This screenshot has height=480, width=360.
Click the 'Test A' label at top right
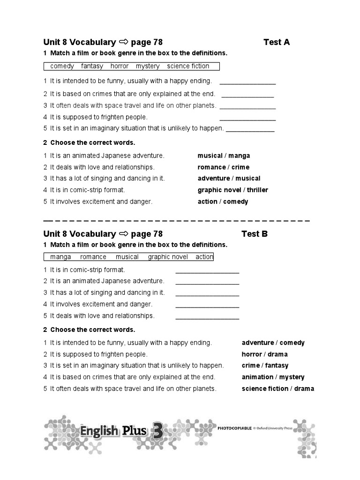click(277, 42)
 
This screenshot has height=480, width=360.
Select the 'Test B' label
click(255, 234)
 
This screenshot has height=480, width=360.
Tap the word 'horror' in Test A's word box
click(120, 66)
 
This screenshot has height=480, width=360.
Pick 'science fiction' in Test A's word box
click(188, 66)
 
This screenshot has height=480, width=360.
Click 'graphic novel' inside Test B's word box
click(168, 257)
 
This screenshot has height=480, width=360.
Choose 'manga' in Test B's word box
click(60, 257)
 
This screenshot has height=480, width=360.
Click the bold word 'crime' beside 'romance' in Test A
click(240, 167)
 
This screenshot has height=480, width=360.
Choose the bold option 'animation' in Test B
click(257, 377)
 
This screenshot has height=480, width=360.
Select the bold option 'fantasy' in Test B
click(277, 366)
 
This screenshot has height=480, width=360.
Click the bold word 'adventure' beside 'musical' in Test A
click(214, 178)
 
